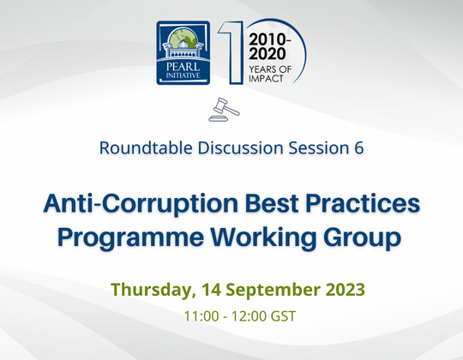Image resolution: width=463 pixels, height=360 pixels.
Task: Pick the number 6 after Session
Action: click(x=358, y=147)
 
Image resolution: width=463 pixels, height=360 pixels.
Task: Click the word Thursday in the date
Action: click(x=152, y=289)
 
